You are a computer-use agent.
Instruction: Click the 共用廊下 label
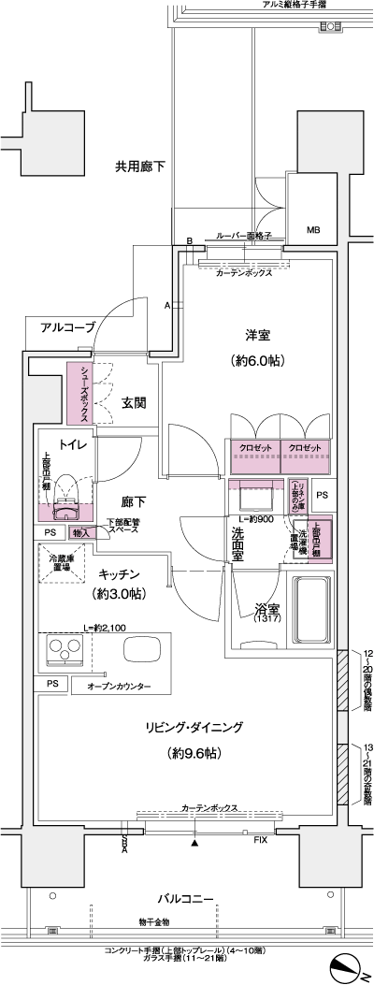(x=140, y=167)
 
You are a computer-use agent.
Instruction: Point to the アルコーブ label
(x=67, y=327)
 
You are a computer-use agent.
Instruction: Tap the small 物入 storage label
(x=81, y=533)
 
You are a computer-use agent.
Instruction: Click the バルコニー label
(x=187, y=899)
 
